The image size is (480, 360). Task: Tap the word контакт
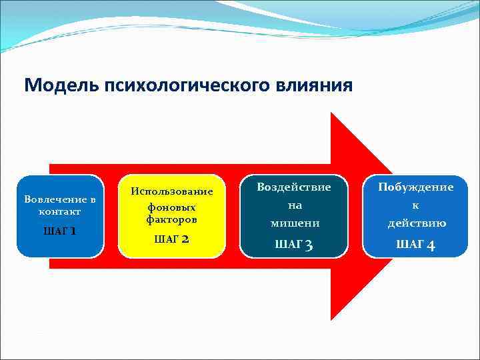60,211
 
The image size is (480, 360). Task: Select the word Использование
172,191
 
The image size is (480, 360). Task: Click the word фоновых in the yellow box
172,207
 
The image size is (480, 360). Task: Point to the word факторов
172,219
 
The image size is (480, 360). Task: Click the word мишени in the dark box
295,223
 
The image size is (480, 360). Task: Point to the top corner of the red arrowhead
332,113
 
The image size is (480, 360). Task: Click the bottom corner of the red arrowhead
332,320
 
